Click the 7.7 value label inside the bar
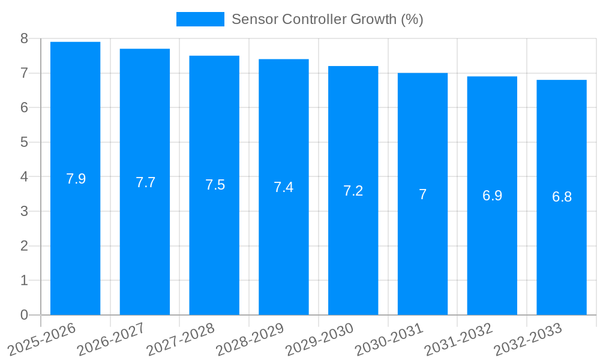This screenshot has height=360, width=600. pos(145,182)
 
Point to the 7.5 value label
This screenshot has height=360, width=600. pos(215,185)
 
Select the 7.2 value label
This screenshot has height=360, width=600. pos(353,191)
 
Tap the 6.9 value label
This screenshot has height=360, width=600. pos(492,196)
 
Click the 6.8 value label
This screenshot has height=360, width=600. pos(562,197)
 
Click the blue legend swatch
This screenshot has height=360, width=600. pos(200,19)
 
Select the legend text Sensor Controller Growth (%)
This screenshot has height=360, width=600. pos(327,19)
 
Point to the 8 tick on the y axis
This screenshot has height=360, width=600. pos(24,38)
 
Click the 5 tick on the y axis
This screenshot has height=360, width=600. pos(24,142)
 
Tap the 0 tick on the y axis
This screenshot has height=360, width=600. pos(24,315)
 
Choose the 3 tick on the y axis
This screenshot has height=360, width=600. pos(24,211)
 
